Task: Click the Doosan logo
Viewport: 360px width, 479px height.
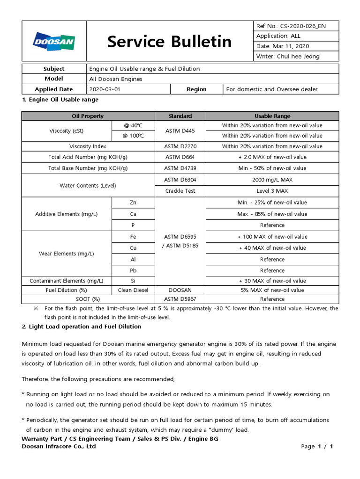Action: tap(53, 42)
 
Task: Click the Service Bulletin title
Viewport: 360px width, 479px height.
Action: tap(169, 42)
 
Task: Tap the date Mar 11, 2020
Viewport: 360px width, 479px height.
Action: tap(289, 46)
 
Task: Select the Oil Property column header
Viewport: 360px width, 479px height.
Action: tap(88, 116)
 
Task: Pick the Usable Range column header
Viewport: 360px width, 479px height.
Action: tap(272, 116)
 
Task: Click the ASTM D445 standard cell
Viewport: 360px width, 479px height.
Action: tap(180, 131)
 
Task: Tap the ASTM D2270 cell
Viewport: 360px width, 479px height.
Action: tap(180, 146)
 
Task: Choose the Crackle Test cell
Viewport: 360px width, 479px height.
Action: tap(180, 191)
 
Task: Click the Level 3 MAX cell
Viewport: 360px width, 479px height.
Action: tap(272, 191)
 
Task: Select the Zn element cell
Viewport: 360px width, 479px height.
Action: tap(133, 203)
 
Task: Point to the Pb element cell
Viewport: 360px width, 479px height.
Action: tap(133, 270)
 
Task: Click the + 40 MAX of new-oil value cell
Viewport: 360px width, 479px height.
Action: tap(272, 248)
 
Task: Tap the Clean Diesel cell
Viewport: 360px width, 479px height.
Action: tap(133, 290)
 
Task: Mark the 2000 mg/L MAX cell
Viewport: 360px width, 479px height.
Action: tap(272, 180)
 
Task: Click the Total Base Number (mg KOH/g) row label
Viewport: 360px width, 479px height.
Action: tap(88, 168)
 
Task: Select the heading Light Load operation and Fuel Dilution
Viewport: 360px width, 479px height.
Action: tap(82, 327)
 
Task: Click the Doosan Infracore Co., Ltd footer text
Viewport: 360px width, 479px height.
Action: tap(59, 446)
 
